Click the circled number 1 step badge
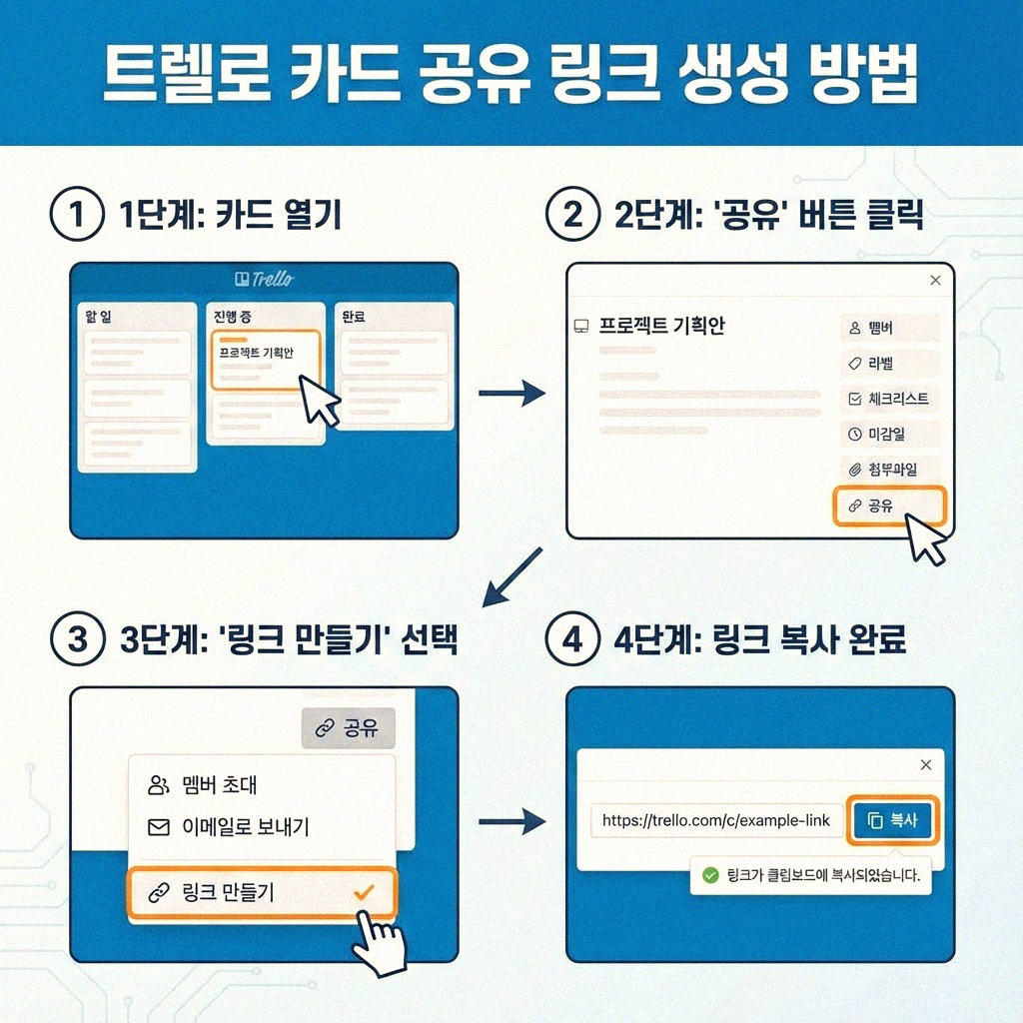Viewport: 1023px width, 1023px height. [x=77, y=215]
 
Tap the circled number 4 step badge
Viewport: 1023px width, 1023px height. [x=572, y=639]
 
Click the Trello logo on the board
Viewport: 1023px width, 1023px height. [x=263, y=279]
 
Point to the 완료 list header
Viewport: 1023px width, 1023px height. [x=354, y=317]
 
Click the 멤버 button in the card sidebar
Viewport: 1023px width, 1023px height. [x=888, y=327]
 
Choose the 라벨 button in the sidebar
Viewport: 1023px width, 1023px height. [x=888, y=363]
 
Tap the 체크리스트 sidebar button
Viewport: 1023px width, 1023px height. [x=888, y=399]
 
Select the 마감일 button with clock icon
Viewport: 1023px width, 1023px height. [x=888, y=434]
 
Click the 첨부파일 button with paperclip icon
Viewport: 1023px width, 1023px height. [x=888, y=469]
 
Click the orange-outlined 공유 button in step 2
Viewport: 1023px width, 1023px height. [x=888, y=507]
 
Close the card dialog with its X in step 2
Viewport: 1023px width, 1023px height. [x=935, y=281]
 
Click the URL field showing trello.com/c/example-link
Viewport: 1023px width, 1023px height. [x=715, y=821]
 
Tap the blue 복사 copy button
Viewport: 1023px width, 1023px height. [x=892, y=820]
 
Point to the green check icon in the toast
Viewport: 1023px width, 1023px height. [x=710, y=875]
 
